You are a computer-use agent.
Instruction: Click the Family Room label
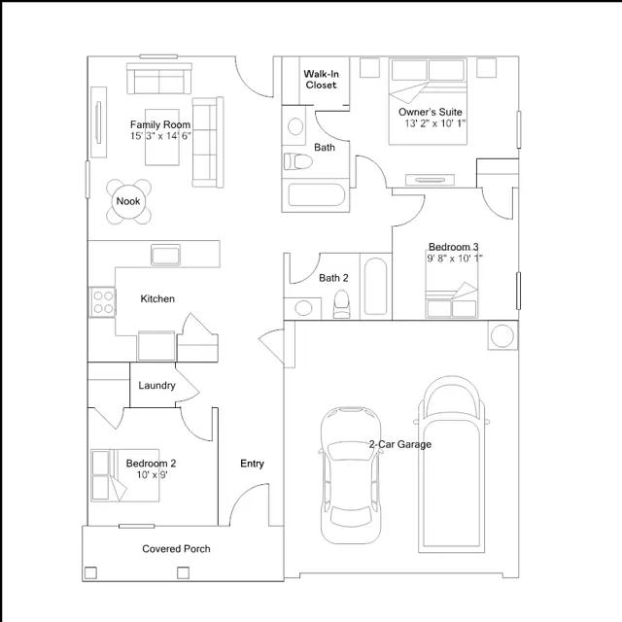click(160, 124)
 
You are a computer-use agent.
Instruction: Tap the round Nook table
click(128, 201)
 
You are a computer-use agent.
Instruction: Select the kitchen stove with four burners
click(103, 302)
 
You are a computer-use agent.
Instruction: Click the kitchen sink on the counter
click(166, 255)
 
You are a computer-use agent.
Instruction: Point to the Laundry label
click(156, 385)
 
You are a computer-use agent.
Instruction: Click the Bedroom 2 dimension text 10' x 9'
click(152, 474)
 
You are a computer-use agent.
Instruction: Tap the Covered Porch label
click(176, 548)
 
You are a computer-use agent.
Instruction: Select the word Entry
click(253, 464)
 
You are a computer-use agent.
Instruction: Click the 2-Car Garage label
click(400, 444)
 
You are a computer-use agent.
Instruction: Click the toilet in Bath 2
click(341, 304)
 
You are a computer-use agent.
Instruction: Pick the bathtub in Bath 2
click(375, 287)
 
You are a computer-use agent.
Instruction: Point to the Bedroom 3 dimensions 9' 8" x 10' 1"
click(455, 259)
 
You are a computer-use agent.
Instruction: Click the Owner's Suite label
click(431, 112)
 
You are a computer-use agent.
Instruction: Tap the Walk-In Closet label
click(321, 80)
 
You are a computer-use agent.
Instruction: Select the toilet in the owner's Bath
click(298, 162)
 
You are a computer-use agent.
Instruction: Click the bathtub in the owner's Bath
click(317, 194)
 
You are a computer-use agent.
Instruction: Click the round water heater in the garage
click(502, 335)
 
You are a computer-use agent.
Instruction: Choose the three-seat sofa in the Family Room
click(208, 143)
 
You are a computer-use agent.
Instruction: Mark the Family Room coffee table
click(162, 137)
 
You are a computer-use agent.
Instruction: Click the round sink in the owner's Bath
click(295, 126)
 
